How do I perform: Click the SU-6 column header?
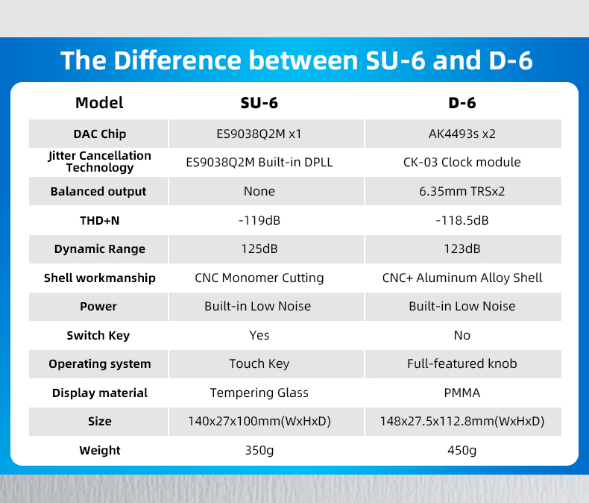coord(259,103)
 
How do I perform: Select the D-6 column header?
coord(462,103)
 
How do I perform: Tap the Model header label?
coord(99,103)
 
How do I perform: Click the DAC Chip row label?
coord(100,134)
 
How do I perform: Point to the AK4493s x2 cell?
coord(462,134)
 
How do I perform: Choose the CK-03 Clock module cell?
coord(462,162)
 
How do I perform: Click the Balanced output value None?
coord(259,191)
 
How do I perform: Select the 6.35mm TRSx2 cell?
coord(462,191)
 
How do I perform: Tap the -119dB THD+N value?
coord(259,220)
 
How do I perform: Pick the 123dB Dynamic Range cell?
coord(462,249)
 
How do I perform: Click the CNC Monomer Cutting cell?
coord(259,278)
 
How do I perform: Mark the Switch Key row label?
coord(98,335)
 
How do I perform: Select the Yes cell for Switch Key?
coord(259,335)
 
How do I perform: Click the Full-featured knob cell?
coord(462,364)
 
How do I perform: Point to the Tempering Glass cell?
coord(259,393)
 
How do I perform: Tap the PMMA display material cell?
coord(462,393)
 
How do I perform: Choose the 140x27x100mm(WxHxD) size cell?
coord(259,422)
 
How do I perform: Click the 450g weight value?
coord(462,450)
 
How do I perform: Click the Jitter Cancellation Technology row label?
coord(100,162)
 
